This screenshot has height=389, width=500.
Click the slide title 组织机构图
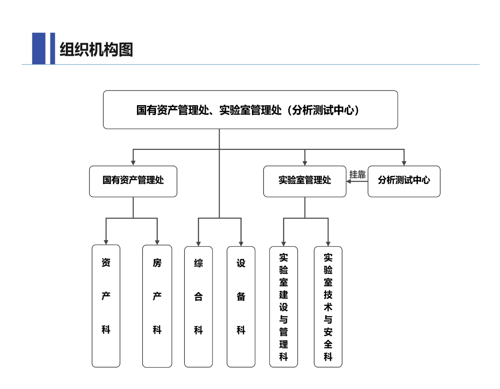pyautogui.click(x=96, y=50)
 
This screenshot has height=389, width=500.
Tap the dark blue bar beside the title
pyautogui.click(x=39, y=48)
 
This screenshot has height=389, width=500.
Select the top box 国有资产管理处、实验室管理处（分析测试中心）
pyautogui.click(x=250, y=110)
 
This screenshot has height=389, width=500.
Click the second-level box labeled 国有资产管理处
pyautogui.click(x=133, y=181)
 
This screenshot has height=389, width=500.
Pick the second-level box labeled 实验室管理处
pyautogui.click(x=305, y=181)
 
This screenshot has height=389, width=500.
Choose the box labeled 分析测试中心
pyautogui.click(x=404, y=181)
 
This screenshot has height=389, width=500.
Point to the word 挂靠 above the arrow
pyautogui.click(x=357, y=175)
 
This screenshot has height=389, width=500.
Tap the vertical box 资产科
pyautogui.click(x=106, y=305)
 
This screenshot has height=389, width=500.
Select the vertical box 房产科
pyautogui.click(x=157, y=305)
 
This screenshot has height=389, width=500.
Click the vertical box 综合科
pyautogui.click(x=198, y=306)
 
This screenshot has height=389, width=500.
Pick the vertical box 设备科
pyautogui.click(x=241, y=306)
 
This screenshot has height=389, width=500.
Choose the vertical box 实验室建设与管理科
pyautogui.click(x=284, y=306)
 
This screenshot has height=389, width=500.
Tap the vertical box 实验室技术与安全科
pyautogui.click(x=328, y=306)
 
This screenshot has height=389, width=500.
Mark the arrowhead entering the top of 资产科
pyautogui.click(x=106, y=242)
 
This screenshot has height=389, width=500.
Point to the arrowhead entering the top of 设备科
pyautogui.click(x=241, y=243)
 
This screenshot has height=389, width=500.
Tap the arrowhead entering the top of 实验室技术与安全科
pyautogui.click(x=328, y=243)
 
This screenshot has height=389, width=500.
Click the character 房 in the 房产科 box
pyautogui.click(x=157, y=263)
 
